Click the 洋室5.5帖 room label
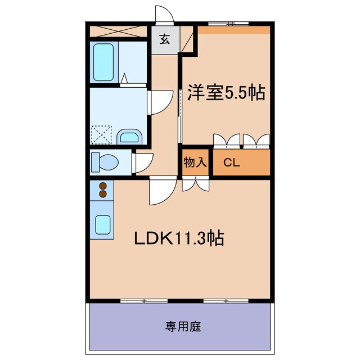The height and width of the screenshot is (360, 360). pos(226,93)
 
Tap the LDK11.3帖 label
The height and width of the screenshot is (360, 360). pos(178,238)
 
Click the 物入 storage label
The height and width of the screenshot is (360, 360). pos(195,163)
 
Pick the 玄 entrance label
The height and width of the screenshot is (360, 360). pos(165,40)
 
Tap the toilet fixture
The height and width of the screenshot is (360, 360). pos(105,162)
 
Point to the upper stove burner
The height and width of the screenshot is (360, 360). pos(102,185)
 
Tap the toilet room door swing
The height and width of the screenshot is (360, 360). pos(143,162)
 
